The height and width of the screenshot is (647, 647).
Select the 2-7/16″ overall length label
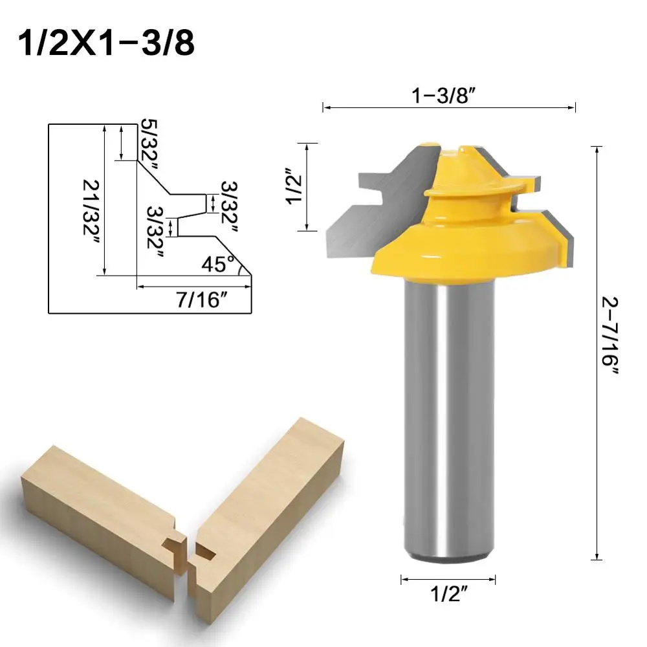pyautogui.click(x=609, y=336)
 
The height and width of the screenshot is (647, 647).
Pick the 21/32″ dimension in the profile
pyautogui.click(x=90, y=201)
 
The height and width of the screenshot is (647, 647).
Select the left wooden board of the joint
pyautogui.click(x=97, y=511)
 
